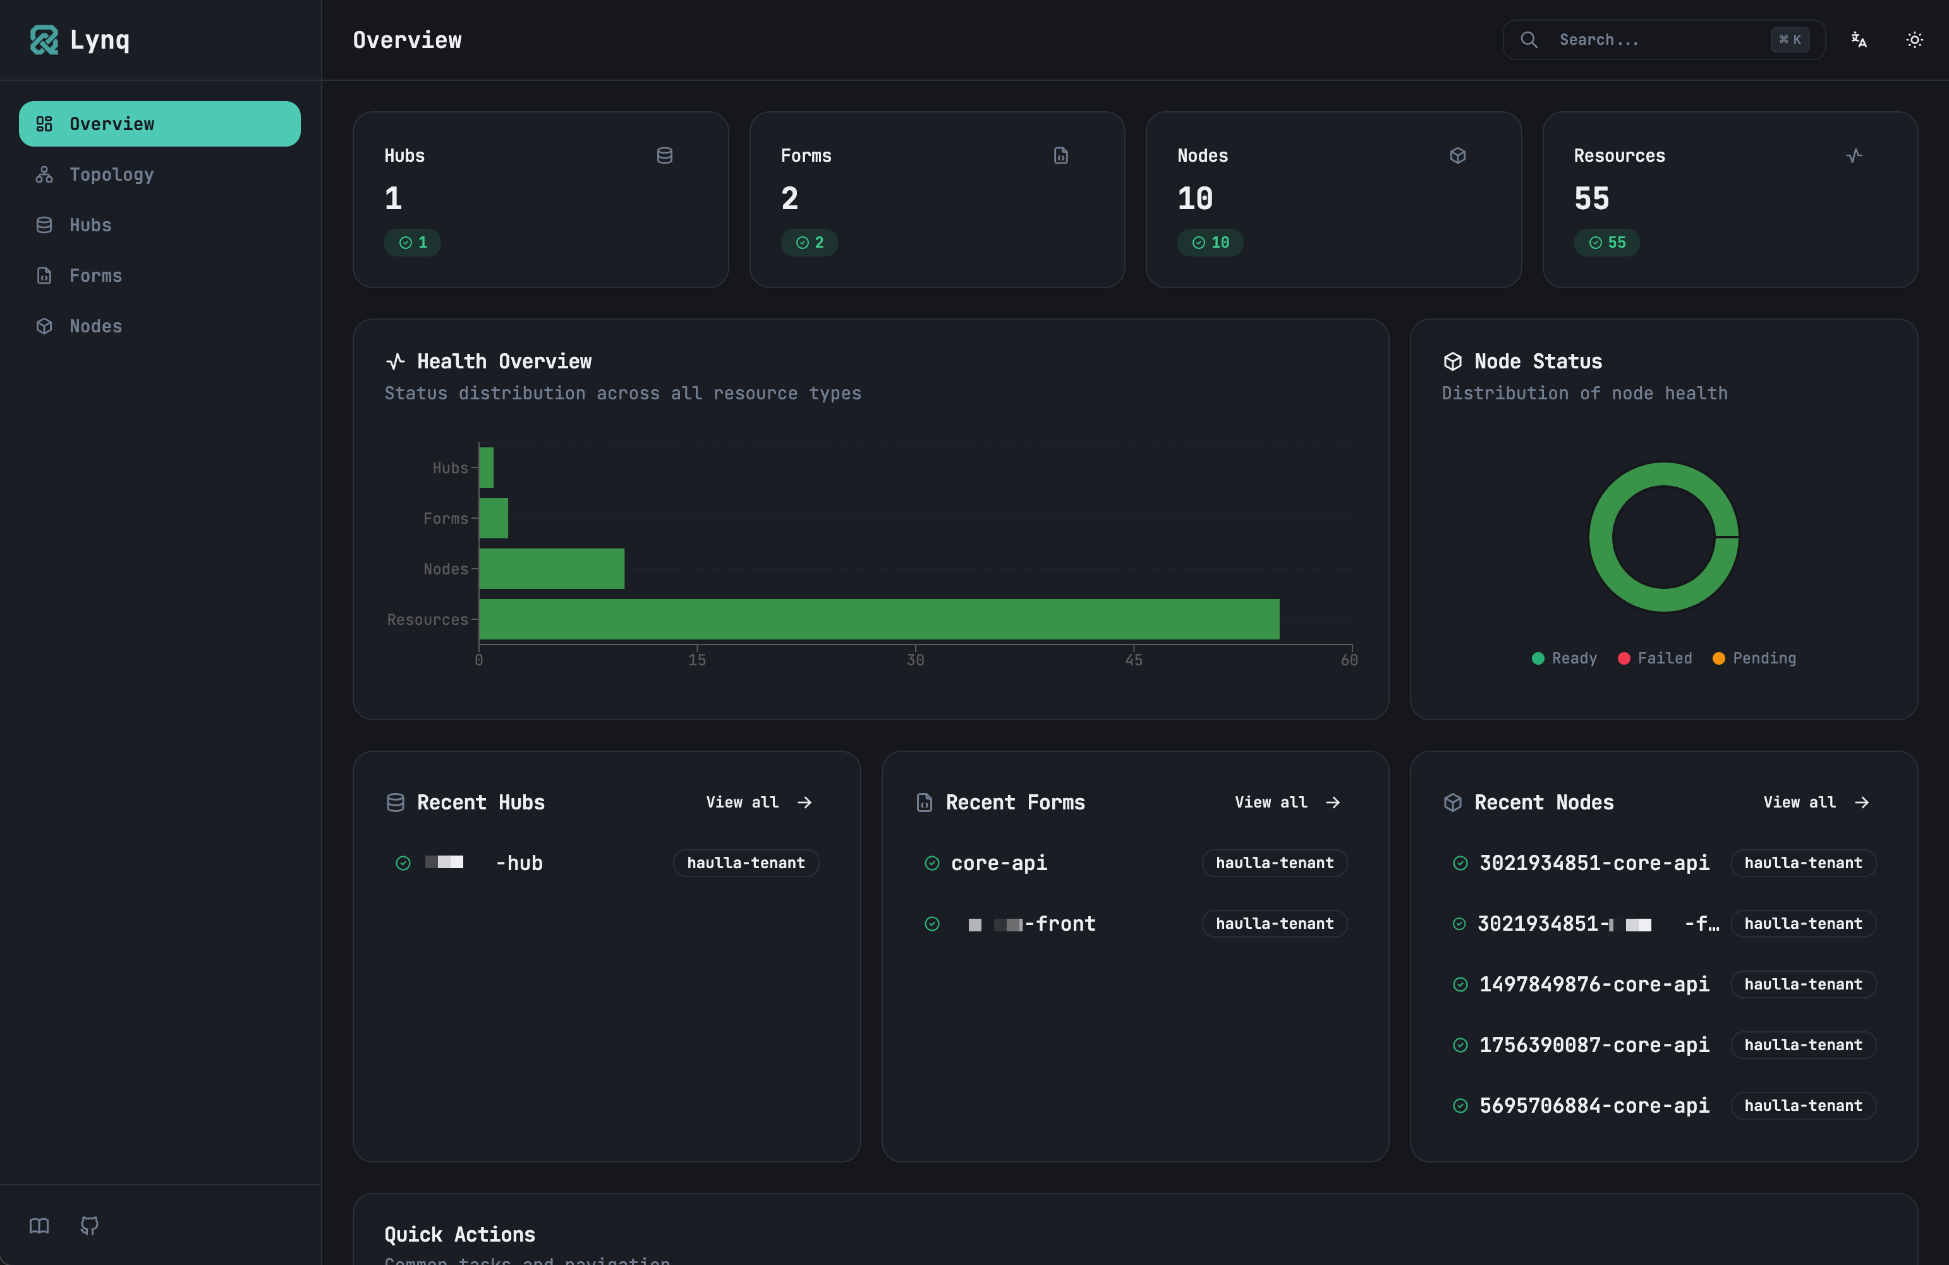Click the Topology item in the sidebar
coord(111,174)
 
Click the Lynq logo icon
coord(44,39)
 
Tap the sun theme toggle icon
coord(1914,39)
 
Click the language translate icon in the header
coord(1859,39)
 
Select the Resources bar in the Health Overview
coord(878,619)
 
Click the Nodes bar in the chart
coord(551,568)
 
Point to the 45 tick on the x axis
coord(1133,659)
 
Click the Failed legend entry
coord(1655,658)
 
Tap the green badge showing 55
coord(1606,243)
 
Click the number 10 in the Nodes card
coord(1195,198)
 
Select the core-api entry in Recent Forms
coord(999,863)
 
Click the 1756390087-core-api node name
coord(1594,1044)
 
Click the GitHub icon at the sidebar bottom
coord(89,1225)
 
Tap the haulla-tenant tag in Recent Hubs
coord(745,863)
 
